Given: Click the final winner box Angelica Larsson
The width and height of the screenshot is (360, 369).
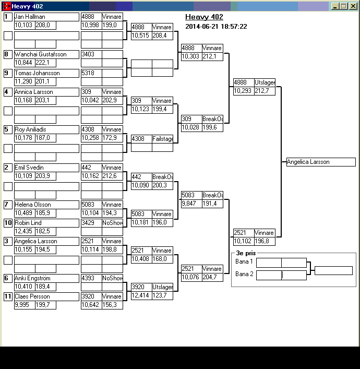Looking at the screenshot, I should click(321, 162).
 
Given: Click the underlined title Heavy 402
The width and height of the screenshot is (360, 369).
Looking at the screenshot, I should click(204, 17).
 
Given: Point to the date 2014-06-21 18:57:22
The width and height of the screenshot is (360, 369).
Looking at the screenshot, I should click(216, 27).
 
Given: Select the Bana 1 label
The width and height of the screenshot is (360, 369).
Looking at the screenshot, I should click(244, 261).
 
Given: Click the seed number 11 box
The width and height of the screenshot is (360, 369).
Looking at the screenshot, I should click(8, 296).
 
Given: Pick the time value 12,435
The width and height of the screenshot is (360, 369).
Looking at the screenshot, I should click(24, 231).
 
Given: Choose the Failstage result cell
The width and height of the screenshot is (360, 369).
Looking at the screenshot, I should click(162, 139).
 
